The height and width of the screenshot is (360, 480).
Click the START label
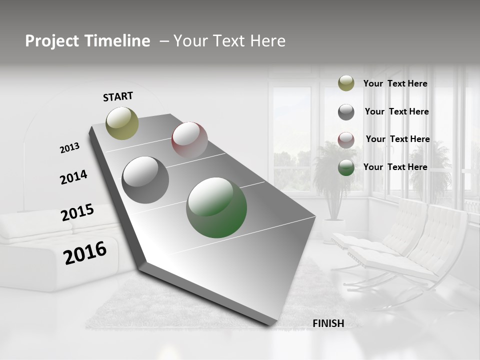pos(118,96)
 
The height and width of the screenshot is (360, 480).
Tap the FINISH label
pos(328,323)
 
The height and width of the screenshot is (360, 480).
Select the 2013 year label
pos(69,148)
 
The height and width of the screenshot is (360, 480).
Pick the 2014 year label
pos(73,177)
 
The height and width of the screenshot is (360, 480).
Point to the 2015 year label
pos(77,212)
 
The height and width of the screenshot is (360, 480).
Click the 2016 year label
pos(85,253)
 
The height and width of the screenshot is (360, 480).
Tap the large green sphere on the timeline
pos(216,207)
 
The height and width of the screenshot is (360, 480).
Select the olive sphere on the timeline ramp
pos(122,123)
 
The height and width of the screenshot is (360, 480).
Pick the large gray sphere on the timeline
pos(145,179)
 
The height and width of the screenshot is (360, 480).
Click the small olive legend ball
pos(346,83)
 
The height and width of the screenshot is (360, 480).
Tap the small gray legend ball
pos(346,112)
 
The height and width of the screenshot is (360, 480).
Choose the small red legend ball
pos(346,139)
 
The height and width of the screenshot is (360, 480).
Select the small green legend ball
pos(346,167)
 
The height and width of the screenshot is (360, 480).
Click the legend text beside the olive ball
pos(395,84)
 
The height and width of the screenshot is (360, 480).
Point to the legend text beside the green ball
pos(395,167)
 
